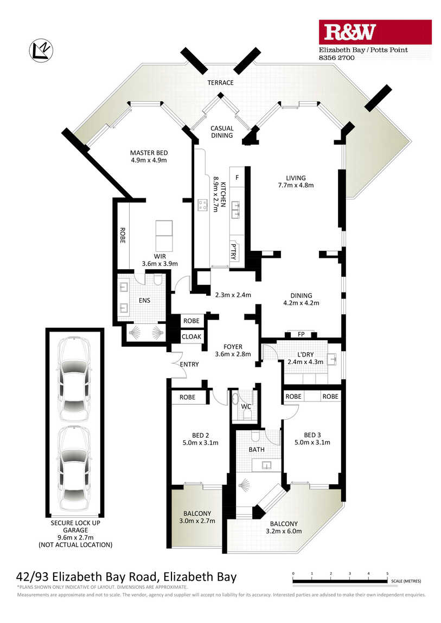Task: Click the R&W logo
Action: tap(375, 32)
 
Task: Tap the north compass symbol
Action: tap(41, 51)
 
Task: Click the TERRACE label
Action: tap(220, 83)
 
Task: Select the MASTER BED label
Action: tap(149, 153)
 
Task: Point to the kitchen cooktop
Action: tap(202, 205)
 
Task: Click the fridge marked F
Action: tap(238, 178)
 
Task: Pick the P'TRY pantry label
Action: tap(233, 251)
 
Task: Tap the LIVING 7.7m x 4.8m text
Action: tap(296, 181)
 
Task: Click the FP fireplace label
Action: tap(301, 335)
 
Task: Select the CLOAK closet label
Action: tap(191, 336)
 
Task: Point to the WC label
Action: tap(246, 406)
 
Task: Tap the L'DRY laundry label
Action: tap(305, 354)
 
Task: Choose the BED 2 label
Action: tap(200, 436)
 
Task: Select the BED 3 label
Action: tap(312, 435)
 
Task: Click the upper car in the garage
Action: tap(74, 379)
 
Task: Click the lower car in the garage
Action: tap(74, 469)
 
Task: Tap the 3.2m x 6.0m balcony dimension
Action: tap(284, 531)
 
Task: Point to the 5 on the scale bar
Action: tap(387, 574)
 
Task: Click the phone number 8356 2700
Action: tap(337, 57)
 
